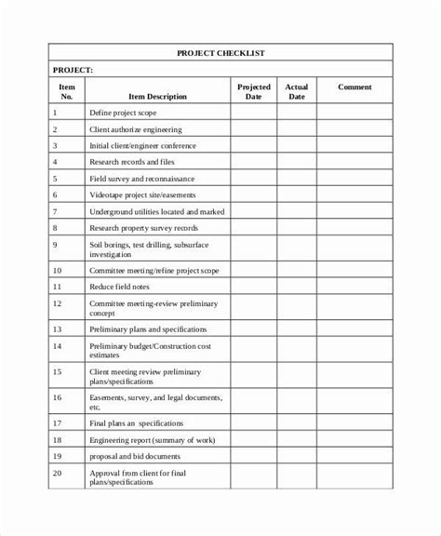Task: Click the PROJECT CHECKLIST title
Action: [220, 54]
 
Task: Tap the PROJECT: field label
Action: [73, 70]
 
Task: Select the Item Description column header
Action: [152, 96]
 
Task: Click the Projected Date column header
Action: [253, 91]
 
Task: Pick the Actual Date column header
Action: [297, 91]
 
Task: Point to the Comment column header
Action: [354, 87]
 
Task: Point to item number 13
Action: [57, 328]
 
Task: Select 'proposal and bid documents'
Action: [136, 457]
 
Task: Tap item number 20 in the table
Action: [57, 475]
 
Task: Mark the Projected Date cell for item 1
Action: [253, 113]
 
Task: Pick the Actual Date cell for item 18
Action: [297, 439]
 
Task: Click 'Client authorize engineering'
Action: [136, 129]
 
